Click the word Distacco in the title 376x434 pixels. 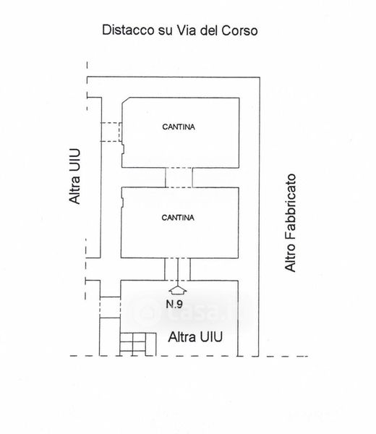(x=128, y=30)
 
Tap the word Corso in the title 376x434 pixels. (x=239, y=30)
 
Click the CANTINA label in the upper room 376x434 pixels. (x=179, y=127)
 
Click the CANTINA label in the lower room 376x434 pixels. (x=178, y=218)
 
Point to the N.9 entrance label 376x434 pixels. (x=174, y=304)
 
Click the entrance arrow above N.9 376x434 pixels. (x=178, y=289)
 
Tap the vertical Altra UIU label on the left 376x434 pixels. (x=74, y=176)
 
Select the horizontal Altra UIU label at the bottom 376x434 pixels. (x=195, y=337)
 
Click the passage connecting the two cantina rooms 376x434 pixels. (x=179, y=177)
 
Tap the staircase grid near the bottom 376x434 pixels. (x=138, y=344)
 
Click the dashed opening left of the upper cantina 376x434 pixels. (x=111, y=132)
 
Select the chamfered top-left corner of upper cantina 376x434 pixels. (x=125, y=101)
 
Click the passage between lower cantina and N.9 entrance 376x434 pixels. (x=177, y=269)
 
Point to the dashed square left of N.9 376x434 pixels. (x=110, y=307)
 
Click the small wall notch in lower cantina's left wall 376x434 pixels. (x=122, y=200)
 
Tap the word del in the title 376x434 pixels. (x=209, y=30)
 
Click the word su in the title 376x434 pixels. (x=164, y=31)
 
